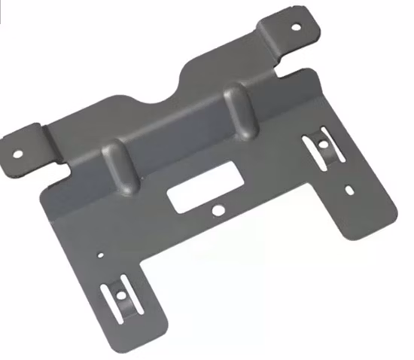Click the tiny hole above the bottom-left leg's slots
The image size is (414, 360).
[99, 255]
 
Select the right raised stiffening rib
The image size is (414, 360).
[239, 113]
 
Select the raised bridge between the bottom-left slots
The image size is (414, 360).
[121, 286]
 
